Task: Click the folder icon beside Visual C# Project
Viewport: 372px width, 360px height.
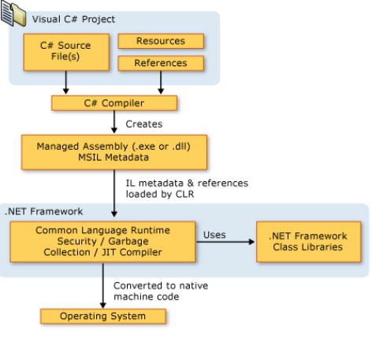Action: click(x=13, y=13)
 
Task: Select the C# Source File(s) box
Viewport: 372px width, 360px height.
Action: click(x=66, y=52)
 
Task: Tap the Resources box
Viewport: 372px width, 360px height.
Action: click(x=161, y=41)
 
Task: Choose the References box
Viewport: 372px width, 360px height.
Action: click(x=161, y=63)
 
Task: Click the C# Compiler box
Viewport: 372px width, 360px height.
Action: click(x=114, y=103)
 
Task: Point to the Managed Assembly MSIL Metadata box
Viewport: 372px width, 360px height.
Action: click(x=114, y=152)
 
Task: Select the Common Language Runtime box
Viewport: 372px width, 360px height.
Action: click(x=102, y=242)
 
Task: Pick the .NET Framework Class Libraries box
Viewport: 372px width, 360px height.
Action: click(x=309, y=242)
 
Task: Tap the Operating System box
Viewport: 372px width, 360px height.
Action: click(x=103, y=316)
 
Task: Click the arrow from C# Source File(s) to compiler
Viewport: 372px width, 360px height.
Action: click(x=66, y=83)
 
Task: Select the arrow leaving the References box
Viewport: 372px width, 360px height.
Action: click(x=161, y=83)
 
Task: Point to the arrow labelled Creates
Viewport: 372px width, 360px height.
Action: click(x=114, y=122)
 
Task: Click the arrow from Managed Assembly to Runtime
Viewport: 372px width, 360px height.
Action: click(x=114, y=193)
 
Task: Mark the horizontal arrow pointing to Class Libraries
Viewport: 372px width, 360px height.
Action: click(x=225, y=242)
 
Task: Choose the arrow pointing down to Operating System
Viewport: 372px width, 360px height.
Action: click(x=103, y=285)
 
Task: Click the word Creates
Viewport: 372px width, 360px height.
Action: click(x=144, y=124)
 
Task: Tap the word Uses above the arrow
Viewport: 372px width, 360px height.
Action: click(x=214, y=235)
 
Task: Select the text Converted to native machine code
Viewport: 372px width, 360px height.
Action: click(x=161, y=291)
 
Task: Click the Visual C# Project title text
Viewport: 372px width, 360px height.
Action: click(x=73, y=20)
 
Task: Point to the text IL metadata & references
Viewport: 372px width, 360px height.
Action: click(x=187, y=183)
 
